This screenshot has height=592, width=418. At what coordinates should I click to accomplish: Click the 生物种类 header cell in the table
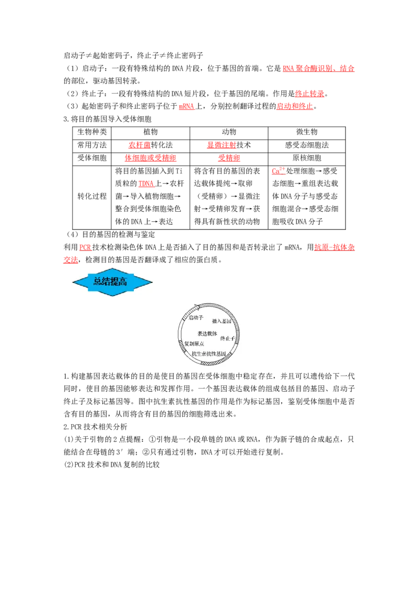click(x=92, y=132)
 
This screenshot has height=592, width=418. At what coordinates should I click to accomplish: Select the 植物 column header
click(x=150, y=132)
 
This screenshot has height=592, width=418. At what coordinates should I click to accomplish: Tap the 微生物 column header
click(x=307, y=132)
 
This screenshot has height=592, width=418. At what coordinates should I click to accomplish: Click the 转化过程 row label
click(x=92, y=196)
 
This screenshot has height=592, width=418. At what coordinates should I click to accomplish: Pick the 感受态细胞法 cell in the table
click(x=307, y=145)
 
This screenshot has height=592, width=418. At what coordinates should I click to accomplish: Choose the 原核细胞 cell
click(x=307, y=158)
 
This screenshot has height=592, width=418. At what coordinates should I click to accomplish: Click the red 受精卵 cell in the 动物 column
click(x=229, y=158)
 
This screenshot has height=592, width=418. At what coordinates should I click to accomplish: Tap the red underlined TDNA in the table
click(x=146, y=184)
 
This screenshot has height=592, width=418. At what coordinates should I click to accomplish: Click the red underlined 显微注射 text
click(x=222, y=145)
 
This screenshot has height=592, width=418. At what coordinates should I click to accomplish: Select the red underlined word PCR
click(x=85, y=247)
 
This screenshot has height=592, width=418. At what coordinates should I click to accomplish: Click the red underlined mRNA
click(x=187, y=107)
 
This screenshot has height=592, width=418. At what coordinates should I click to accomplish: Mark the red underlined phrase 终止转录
click(x=310, y=94)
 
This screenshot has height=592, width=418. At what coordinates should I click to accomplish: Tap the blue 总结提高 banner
click(x=112, y=282)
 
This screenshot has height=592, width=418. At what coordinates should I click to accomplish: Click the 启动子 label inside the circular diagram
click(x=196, y=317)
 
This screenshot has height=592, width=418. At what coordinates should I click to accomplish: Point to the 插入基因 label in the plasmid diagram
click(x=222, y=321)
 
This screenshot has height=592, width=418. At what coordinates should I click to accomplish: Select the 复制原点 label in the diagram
click(x=194, y=344)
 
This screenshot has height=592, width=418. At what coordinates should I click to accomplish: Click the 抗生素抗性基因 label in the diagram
click(x=208, y=354)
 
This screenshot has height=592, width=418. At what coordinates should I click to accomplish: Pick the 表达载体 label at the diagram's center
click(x=207, y=334)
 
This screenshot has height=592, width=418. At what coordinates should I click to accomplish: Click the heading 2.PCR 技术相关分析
click(x=96, y=427)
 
